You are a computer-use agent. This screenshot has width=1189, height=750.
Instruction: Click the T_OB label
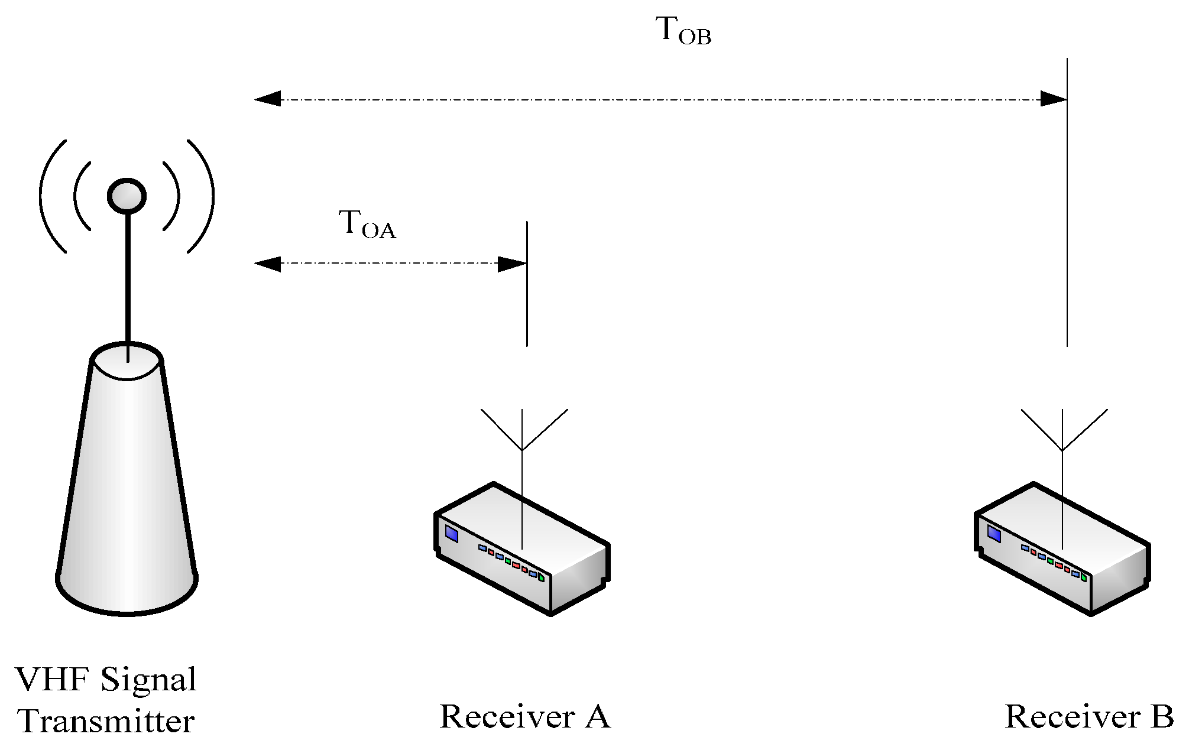click(x=683, y=31)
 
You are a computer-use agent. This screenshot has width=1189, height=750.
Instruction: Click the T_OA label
click(x=367, y=225)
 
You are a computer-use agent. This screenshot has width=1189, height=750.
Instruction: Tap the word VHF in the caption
click(x=51, y=680)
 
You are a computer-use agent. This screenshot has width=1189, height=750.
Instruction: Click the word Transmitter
click(x=106, y=722)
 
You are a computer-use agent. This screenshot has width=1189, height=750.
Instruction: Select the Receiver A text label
click(x=524, y=717)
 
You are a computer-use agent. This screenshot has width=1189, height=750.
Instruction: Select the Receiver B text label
click(x=1088, y=717)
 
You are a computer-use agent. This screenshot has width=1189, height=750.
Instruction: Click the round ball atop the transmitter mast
click(x=127, y=196)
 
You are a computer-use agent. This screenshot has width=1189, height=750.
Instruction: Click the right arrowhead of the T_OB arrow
click(x=1053, y=99)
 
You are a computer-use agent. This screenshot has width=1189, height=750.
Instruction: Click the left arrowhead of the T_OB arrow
click(x=268, y=99)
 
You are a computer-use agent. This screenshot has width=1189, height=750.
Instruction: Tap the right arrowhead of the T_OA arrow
click(x=512, y=264)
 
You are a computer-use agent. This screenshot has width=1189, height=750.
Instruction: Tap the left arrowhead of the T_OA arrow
click(x=268, y=264)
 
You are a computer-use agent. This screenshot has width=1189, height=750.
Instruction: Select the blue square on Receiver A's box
click(x=452, y=535)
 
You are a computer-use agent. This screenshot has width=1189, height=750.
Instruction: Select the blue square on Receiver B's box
click(x=994, y=535)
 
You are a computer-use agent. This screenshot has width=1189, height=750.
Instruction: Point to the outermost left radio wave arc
click(x=47, y=196)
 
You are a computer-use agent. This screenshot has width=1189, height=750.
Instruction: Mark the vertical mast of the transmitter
click(x=127, y=278)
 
